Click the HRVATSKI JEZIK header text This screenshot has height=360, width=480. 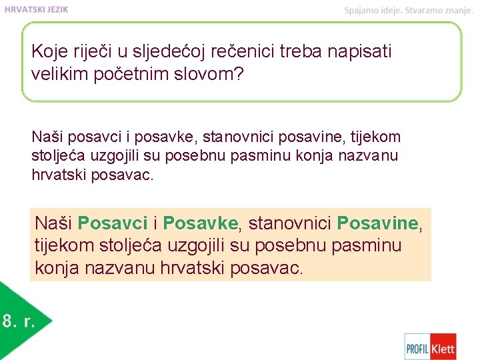(x=36, y=9)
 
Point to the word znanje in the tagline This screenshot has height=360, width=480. (x=457, y=10)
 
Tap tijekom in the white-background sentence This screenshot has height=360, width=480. (x=377, y=137)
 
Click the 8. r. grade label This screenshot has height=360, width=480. (x=18, y=321)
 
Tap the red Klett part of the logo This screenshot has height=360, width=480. (x=443, y=347)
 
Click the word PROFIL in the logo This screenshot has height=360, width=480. (x=418, y=347)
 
